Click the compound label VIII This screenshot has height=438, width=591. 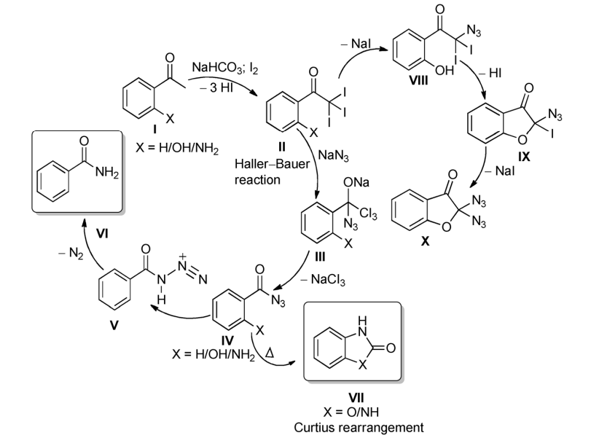click(418, 80)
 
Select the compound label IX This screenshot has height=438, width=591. click(524, 157)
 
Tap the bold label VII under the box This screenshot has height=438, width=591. click(356, 398)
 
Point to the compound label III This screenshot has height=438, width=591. click(319, 257)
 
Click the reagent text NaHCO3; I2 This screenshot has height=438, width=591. click(225, 68)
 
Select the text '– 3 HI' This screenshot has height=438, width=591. click(216, 87)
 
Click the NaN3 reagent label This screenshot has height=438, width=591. click(334, 155)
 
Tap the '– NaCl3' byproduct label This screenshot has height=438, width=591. click(323, 280)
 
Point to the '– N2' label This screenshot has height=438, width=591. click(71, 254)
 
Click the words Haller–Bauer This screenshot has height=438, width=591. click(272, 164)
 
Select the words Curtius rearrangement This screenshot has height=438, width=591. click(359, 428)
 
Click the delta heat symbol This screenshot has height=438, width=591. click(270, 353)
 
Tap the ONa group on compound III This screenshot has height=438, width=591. click(356, 183)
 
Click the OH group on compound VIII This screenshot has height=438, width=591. click(445, 70)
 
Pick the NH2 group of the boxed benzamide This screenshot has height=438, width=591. click(106, 172)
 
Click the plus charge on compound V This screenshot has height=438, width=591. click(182, 257)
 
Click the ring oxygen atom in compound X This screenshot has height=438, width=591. click(446, 227)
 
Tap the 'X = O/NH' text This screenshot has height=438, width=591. click(351, 412)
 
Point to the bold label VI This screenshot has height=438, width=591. click(102, 234)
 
